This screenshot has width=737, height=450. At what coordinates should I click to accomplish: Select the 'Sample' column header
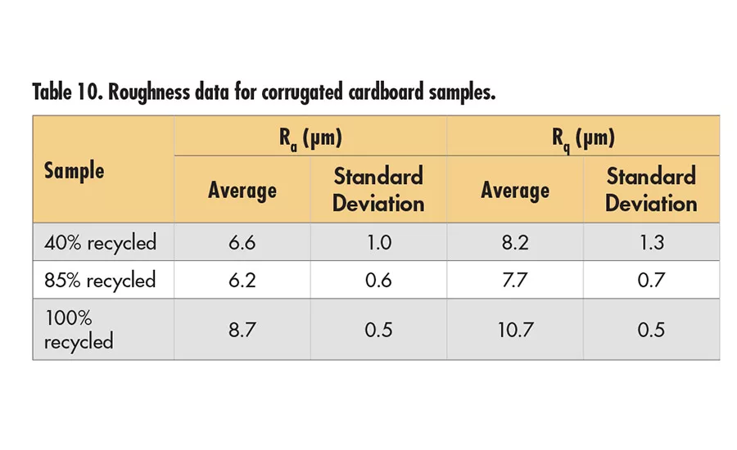(x=74, y=170)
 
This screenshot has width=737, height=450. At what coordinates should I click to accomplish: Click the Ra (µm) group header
(x=310, y=137)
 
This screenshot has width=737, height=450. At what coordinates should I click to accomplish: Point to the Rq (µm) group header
(x=582, y=137)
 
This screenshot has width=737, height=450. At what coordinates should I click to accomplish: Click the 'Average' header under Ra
(x=242, y=191)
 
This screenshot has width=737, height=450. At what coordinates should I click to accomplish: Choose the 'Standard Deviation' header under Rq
(x=651, y=190)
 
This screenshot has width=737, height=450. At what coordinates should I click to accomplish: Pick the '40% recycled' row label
(x=100, y=242)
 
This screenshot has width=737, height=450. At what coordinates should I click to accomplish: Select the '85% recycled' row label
(x=100, y=280)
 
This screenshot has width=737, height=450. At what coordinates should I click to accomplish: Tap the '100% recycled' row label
(x=79, y=329)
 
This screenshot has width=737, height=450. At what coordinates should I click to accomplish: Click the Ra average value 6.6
(x=242, y=242)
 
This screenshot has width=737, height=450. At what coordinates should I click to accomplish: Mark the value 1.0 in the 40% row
(x=378, y=242)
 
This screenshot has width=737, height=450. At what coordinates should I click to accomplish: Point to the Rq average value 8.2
(x=515, y=242)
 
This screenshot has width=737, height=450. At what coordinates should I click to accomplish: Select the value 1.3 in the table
(x=651, y=242)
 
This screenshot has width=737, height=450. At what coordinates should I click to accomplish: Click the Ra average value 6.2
(x=242, y=280)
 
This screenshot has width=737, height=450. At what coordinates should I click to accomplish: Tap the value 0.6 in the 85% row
(x=378, y=280)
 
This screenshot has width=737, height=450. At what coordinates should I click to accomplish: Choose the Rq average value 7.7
(x=515, y=280)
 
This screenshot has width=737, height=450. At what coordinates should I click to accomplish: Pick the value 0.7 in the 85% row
(x=651, y=280)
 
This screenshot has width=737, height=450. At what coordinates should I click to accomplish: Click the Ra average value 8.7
(x=242, y=329)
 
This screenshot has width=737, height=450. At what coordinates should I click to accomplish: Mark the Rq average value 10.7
(x=515, y=329)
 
